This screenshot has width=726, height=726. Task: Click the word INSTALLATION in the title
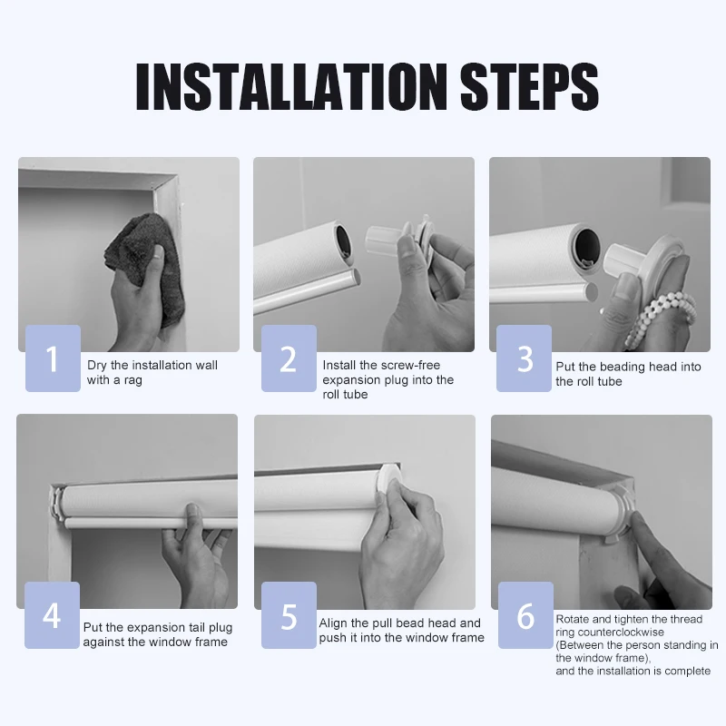[291, 86]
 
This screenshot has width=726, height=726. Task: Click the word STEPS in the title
[529, 86]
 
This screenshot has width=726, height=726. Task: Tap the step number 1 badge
[53, 358]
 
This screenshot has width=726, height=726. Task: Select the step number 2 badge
[289, 358]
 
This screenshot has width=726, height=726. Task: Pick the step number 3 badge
[525, 358]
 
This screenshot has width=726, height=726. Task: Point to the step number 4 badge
[52, 615]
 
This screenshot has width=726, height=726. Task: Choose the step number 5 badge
[289, 615]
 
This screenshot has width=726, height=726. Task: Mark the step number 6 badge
[526, 615]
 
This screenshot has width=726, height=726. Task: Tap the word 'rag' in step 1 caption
[132, 380]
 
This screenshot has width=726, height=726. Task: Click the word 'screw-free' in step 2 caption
[411, 365]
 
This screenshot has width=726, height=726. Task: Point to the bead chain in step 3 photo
[660, 317]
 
